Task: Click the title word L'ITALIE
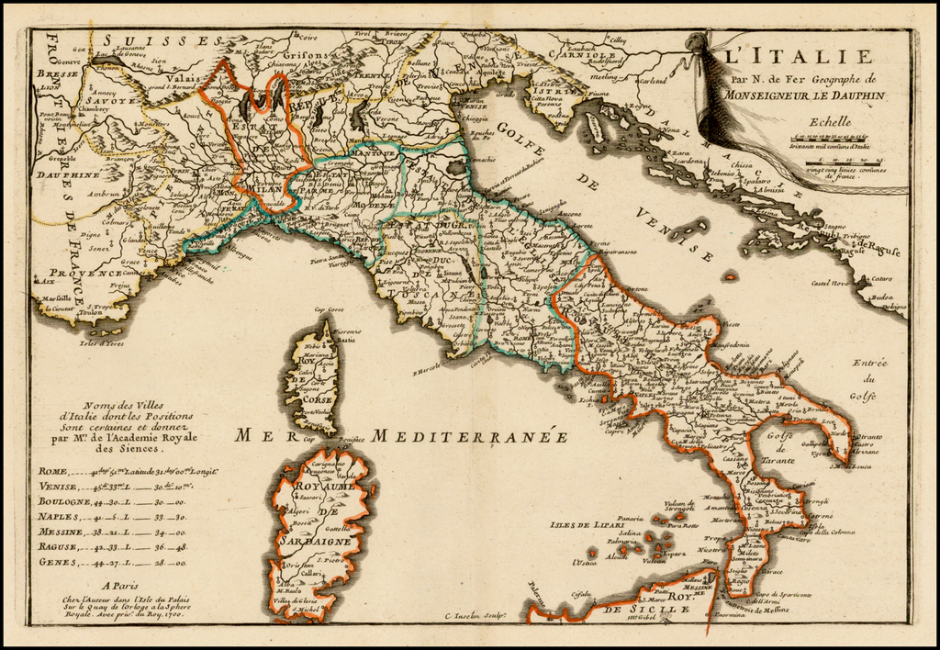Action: coord(797,57)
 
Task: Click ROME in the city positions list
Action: coord(52,470)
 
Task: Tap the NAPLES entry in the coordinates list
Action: coord(59,517)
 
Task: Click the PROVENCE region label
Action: coord(84,273)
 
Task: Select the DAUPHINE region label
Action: coord(69,174)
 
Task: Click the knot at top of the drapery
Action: coord(697,41)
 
